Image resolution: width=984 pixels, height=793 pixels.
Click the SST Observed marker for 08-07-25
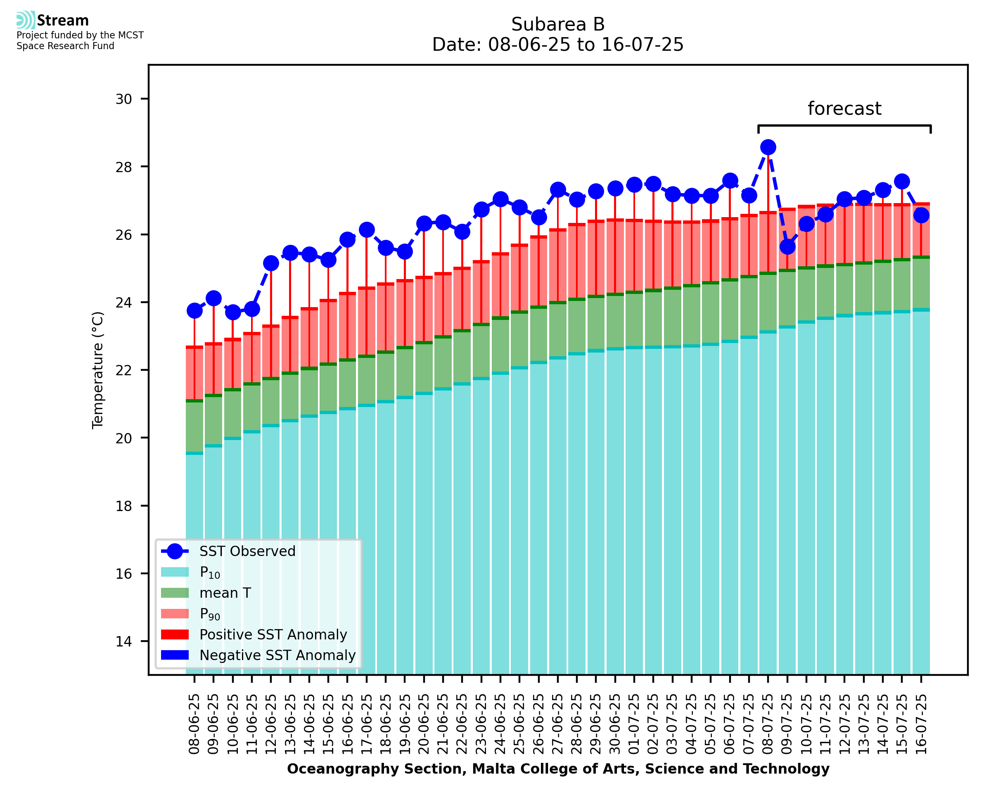(768, 147)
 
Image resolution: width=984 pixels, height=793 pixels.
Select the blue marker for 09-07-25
(787, 247)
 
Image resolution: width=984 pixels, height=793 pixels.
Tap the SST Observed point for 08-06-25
(194, 310)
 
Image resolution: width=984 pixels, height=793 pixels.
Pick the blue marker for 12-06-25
(271, 263)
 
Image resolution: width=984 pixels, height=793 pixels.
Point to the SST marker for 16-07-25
(921, 215)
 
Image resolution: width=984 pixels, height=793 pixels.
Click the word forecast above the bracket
(844, 109)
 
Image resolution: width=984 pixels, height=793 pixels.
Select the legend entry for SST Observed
(247, 552)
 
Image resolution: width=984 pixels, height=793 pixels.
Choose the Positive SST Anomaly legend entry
(273, 634)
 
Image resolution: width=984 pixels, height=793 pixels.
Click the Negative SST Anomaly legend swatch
(175, 655)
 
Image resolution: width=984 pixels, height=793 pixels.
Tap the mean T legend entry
(225, 593)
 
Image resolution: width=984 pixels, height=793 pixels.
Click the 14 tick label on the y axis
(123, 642)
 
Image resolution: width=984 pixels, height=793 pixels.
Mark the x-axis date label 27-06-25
(558, 724)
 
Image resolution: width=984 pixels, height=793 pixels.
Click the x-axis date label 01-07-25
(634, 724)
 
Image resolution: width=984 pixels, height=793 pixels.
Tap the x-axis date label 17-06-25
(366, 724)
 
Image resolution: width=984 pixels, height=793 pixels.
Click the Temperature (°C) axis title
(98, 370)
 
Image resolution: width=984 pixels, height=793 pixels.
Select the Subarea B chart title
(558, 24)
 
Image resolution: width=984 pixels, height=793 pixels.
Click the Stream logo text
(63, 21)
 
